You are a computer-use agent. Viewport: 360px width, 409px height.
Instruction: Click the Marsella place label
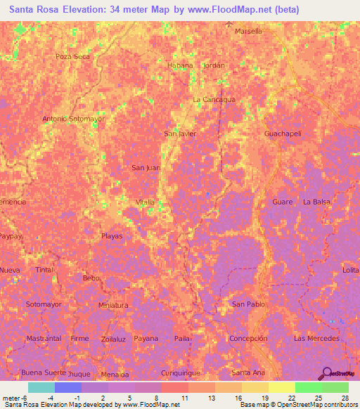coord(248,31)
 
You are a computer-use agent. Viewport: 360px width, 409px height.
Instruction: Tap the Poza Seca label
coord(73,56)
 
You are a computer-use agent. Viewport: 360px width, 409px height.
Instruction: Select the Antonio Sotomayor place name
coord(74,119)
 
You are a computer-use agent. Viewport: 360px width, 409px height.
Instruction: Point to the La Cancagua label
coord(214,99)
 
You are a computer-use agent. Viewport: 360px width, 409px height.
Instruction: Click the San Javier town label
coord(179,133)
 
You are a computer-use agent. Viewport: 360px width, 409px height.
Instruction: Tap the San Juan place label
coord(146,167)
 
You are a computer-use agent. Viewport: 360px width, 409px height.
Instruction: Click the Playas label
coord(112,236)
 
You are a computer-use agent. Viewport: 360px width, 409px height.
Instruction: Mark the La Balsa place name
coord(316,202)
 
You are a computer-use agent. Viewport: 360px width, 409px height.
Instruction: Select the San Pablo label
coord(248,304)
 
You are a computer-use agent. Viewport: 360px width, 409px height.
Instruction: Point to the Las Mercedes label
coord(317,338)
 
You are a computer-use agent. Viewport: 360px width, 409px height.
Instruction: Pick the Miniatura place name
coord(113,305)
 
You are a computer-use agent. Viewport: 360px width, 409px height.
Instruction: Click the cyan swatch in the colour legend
coord(41,387)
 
